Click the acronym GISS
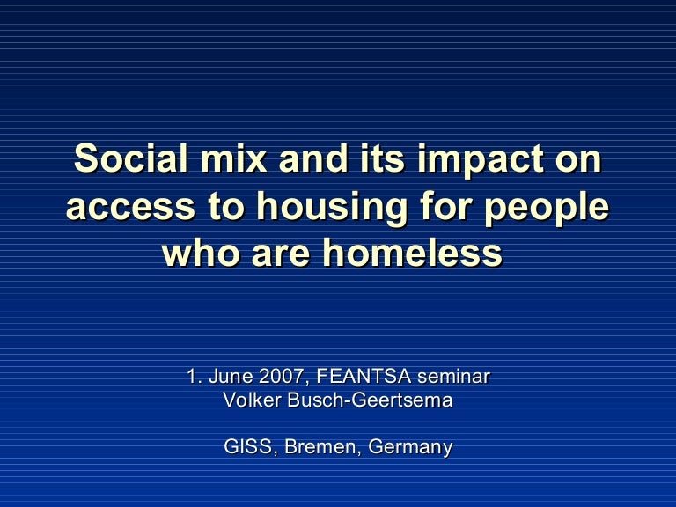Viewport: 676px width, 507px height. [249, 447]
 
